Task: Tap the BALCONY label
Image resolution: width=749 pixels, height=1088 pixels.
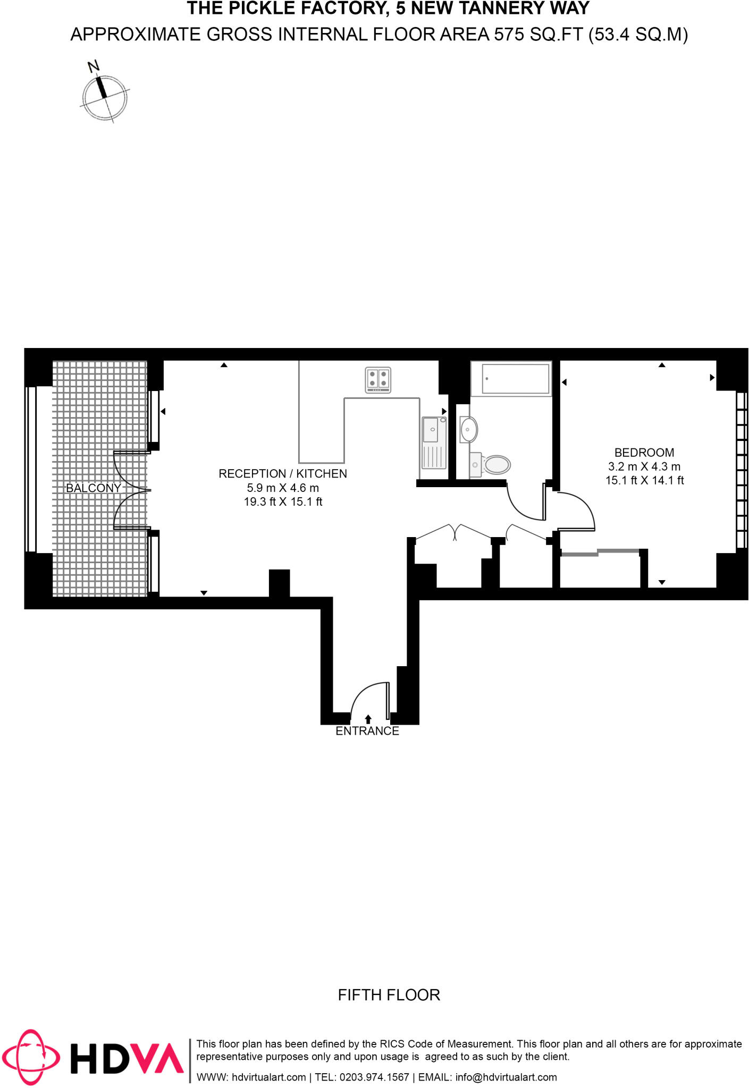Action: coord(93,488)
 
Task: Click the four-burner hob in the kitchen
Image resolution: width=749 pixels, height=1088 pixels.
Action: coord(378,380)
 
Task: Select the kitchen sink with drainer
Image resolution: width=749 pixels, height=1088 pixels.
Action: coord(434,443)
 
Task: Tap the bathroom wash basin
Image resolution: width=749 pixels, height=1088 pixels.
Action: coord(468,429)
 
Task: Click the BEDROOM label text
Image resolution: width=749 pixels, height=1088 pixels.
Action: coord(644,453)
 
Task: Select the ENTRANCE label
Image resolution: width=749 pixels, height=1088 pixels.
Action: coord(367,731)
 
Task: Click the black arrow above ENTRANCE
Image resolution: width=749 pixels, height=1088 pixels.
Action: coord(368,719)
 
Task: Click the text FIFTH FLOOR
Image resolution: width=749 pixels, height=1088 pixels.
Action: coord(389,995)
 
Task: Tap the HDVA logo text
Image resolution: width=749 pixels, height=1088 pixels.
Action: coord(127,1058)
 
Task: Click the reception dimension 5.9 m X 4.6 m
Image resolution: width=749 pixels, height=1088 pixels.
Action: coord(283,488)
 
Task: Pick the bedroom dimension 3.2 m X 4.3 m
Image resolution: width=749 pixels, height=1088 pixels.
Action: coord(644,466)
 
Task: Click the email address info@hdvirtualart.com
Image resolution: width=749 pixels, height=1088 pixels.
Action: coord(506,1077)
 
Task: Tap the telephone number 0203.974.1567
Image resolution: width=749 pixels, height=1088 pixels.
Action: coord(374,1077)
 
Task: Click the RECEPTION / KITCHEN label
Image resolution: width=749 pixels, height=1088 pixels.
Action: coord(282,473)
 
